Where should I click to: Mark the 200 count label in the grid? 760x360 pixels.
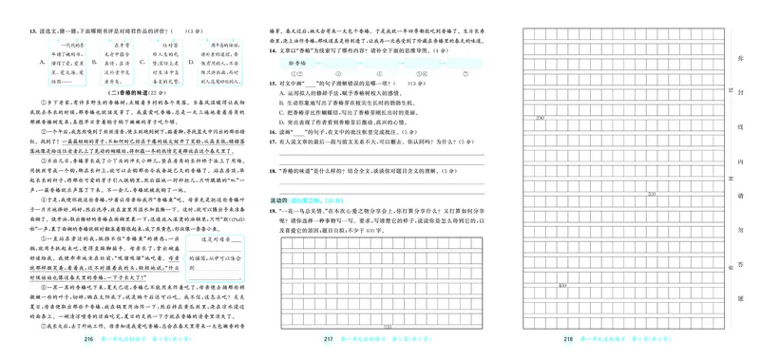(541, 118)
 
